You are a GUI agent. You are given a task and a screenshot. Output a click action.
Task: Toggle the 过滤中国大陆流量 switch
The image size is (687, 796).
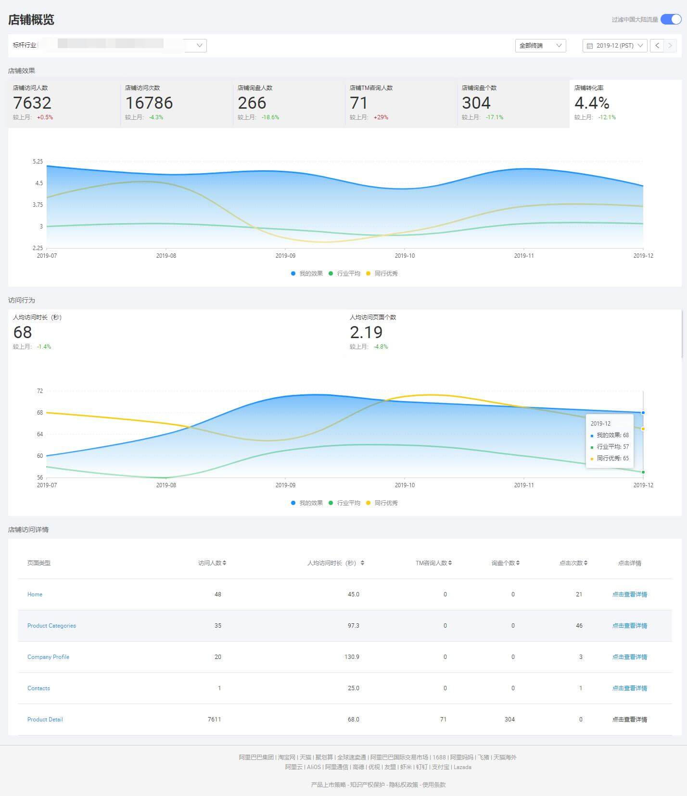671,19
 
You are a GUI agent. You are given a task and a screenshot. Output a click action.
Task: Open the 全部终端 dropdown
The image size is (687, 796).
540,45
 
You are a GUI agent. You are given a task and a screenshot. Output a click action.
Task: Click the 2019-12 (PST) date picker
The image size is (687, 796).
614,45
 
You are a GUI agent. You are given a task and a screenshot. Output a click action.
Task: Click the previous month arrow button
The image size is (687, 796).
657,45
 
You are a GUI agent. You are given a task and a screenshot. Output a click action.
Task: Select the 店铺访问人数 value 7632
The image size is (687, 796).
32,103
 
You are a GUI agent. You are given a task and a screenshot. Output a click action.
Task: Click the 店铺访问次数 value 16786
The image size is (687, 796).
149,103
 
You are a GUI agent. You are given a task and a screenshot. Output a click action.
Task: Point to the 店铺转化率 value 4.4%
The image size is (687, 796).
592,103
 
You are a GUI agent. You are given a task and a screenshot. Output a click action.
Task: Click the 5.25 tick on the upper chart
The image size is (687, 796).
38,162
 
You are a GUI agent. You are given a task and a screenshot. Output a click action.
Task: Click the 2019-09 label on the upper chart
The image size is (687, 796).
285,256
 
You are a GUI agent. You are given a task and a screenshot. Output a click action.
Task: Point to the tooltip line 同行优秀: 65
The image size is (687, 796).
612,458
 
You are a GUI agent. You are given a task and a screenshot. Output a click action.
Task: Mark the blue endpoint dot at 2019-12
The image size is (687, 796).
643,413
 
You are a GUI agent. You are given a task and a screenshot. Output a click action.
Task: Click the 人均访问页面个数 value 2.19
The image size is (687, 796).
366,332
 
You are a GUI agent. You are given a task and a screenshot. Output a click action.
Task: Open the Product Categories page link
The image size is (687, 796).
51,626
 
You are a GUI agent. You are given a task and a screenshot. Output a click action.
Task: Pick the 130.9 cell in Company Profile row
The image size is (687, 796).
352,657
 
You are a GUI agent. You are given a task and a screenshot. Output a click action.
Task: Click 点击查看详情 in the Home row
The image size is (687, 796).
629,594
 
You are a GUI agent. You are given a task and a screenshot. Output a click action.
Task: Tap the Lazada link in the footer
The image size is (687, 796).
462,767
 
